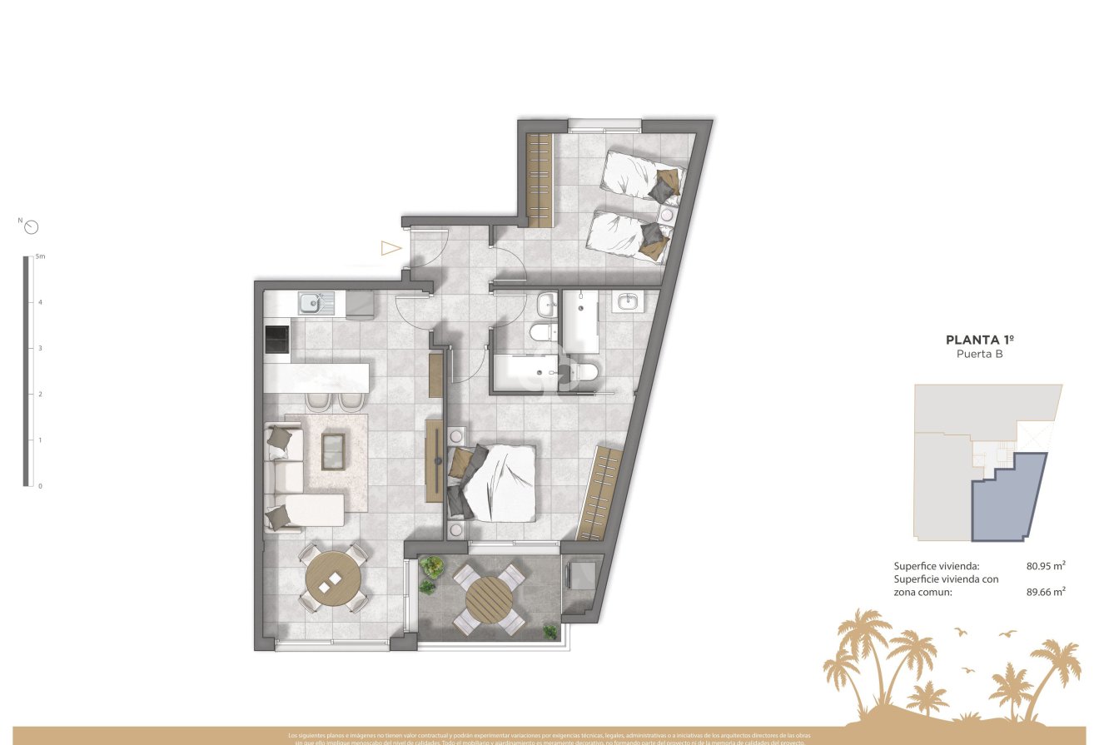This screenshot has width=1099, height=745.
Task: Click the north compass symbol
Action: (x=32, y=226)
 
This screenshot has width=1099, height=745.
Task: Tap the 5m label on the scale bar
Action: (x=40, y=257)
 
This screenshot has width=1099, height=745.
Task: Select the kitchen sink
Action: (x=316, y=302)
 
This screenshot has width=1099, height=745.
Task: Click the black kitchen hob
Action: (x=276, y=339)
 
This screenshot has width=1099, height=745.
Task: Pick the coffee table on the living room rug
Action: (x=335, y=450)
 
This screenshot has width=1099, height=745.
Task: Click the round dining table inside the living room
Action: (x=333, y=579)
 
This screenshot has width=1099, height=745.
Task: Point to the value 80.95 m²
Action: (x=1046, y=566)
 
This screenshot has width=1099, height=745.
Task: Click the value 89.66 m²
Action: (x=1046, y=593)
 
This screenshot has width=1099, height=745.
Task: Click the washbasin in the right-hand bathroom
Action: (x=627, y=302)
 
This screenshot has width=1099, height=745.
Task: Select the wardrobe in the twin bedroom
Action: (x=540, y=180)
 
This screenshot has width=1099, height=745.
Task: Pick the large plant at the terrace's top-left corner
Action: (x=431, y=567)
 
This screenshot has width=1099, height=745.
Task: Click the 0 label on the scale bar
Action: (x=40, y=485)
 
